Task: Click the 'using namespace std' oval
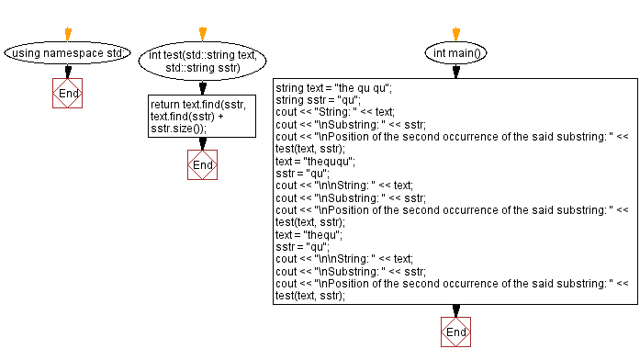(68, 53)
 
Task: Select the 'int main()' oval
(455, 53)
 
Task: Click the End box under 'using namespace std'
(68, 94)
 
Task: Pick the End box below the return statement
(202, 164)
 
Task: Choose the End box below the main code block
(455, 332)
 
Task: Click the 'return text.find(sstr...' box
(202, 117)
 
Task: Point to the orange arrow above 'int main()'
(455, 34)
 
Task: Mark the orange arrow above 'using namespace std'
(68, 34)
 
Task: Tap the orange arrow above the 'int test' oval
(202, 34)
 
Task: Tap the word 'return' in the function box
(165, 105)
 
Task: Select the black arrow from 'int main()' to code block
(455, 72)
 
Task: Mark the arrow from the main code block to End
(455, 310)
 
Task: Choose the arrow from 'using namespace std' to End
(68, 72)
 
